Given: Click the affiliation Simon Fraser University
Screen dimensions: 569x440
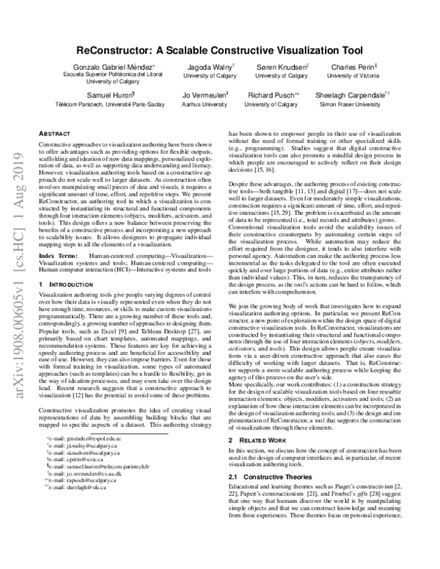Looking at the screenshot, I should point(352,105).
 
